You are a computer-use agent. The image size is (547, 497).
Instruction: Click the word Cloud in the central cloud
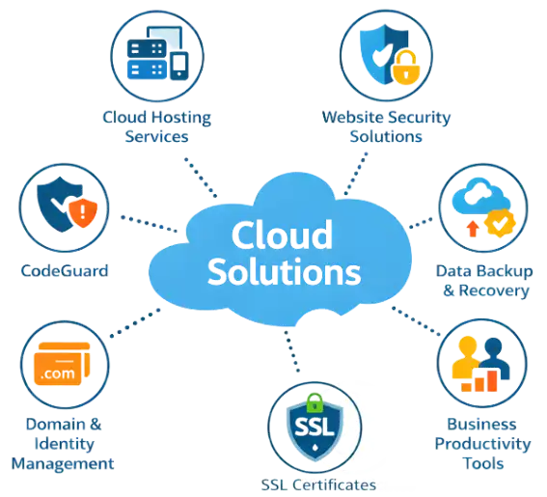point(281,235)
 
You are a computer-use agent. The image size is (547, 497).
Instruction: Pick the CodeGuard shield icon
point(63,208)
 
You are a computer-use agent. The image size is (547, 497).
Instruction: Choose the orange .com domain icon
point(63,368)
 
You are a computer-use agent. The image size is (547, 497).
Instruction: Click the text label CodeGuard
point(64,270)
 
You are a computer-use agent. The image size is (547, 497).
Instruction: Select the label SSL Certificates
point(317,485)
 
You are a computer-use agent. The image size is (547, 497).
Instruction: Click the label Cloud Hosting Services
point(157,126)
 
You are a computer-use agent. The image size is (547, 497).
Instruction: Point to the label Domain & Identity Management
point(63,444)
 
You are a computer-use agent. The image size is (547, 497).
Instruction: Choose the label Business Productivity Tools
point(483,443)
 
